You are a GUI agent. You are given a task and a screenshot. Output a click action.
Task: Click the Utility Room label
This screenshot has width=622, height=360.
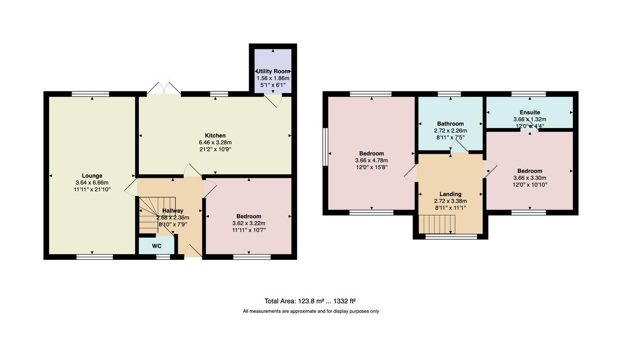[273, 71]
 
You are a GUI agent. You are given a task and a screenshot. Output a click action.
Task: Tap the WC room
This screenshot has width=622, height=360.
[157, 245]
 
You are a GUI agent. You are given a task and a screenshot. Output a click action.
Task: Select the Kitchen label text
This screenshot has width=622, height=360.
[216, 135]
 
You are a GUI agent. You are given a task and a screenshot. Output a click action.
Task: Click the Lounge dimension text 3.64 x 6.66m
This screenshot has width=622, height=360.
[92, 183]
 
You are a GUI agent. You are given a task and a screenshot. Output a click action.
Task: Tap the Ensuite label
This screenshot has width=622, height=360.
[530, 112]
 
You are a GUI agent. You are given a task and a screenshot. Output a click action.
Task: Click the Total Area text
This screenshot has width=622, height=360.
[310, 300]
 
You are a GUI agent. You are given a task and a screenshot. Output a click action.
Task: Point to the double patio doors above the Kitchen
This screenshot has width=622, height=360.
[164, 89]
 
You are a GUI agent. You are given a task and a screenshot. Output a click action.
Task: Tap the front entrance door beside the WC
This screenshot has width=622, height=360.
[192, 252]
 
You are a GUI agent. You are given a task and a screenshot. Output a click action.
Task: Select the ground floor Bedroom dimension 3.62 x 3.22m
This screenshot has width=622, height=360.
[248, 224]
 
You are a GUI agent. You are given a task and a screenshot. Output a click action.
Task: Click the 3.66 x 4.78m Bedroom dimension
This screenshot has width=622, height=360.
[372, 160]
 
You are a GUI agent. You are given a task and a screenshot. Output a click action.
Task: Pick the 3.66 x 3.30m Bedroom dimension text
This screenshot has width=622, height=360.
[530, 178]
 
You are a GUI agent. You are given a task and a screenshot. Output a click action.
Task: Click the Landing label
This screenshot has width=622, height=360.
[450, 194]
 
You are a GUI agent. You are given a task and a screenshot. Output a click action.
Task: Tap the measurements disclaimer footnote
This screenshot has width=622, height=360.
[311, 311]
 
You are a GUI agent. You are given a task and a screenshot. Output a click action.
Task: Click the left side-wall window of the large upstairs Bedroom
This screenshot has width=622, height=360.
[325, 147]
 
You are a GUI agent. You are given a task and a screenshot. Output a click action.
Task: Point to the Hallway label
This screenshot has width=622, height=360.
[173, 211]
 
